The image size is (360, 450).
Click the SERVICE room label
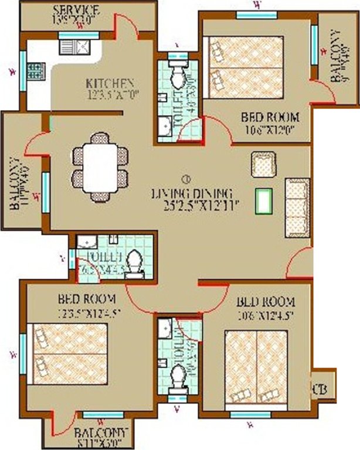click(76, 11)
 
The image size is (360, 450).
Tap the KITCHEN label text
click(110, 83)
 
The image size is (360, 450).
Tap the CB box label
click(320, 388)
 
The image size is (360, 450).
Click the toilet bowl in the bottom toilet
click(178, 373)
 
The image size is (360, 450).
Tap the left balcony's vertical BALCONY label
click(14, 183)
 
